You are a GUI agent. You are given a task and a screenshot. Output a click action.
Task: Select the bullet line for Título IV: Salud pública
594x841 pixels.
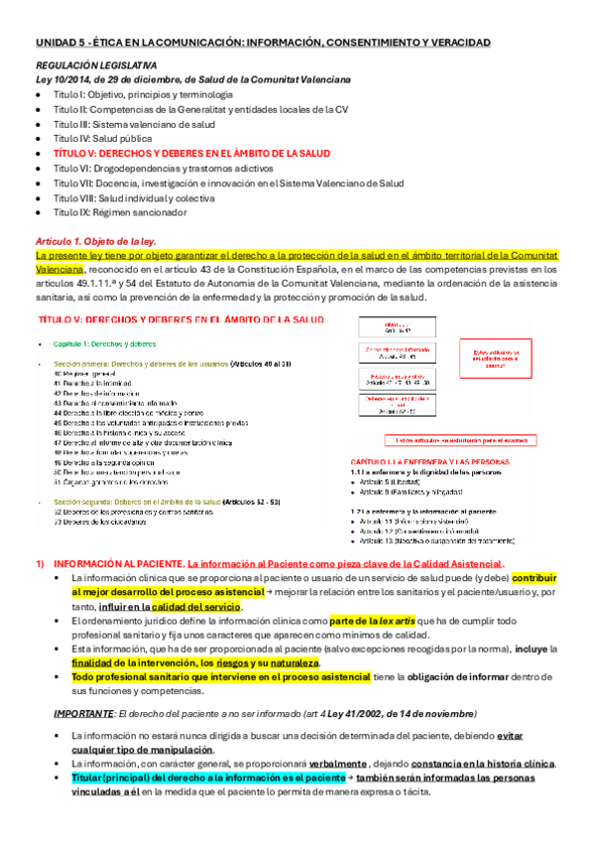[101, 139]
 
